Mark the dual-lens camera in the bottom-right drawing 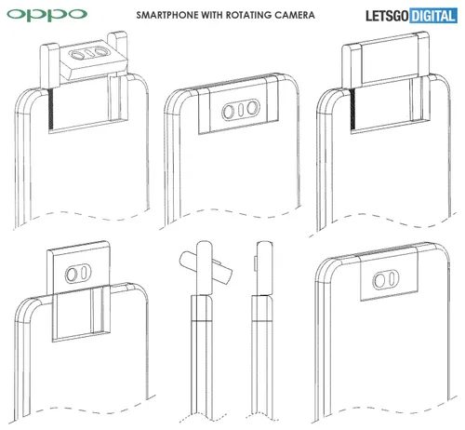click(384, 281)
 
